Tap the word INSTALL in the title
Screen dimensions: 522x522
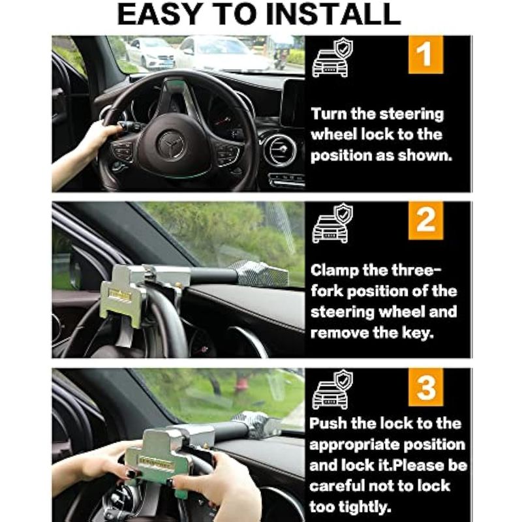[333, 14]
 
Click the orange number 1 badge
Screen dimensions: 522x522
[425, 55]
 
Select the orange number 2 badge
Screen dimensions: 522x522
[425, 220]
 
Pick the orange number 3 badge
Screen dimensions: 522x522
[425, 387]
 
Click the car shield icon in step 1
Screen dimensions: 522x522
[332, 57]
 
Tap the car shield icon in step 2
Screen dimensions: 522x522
[332, 223]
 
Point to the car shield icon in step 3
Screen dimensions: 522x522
[332, 389]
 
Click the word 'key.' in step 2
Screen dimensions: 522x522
[417, 333]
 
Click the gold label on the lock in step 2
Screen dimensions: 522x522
[120, 294]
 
